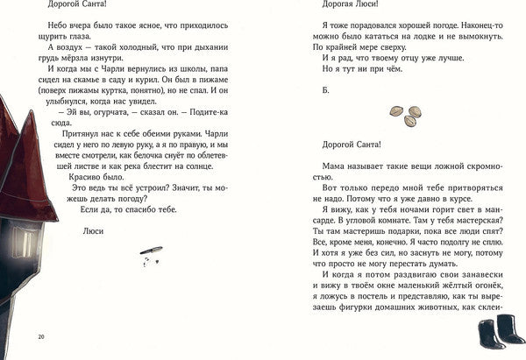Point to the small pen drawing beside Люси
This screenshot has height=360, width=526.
pos(151,252)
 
